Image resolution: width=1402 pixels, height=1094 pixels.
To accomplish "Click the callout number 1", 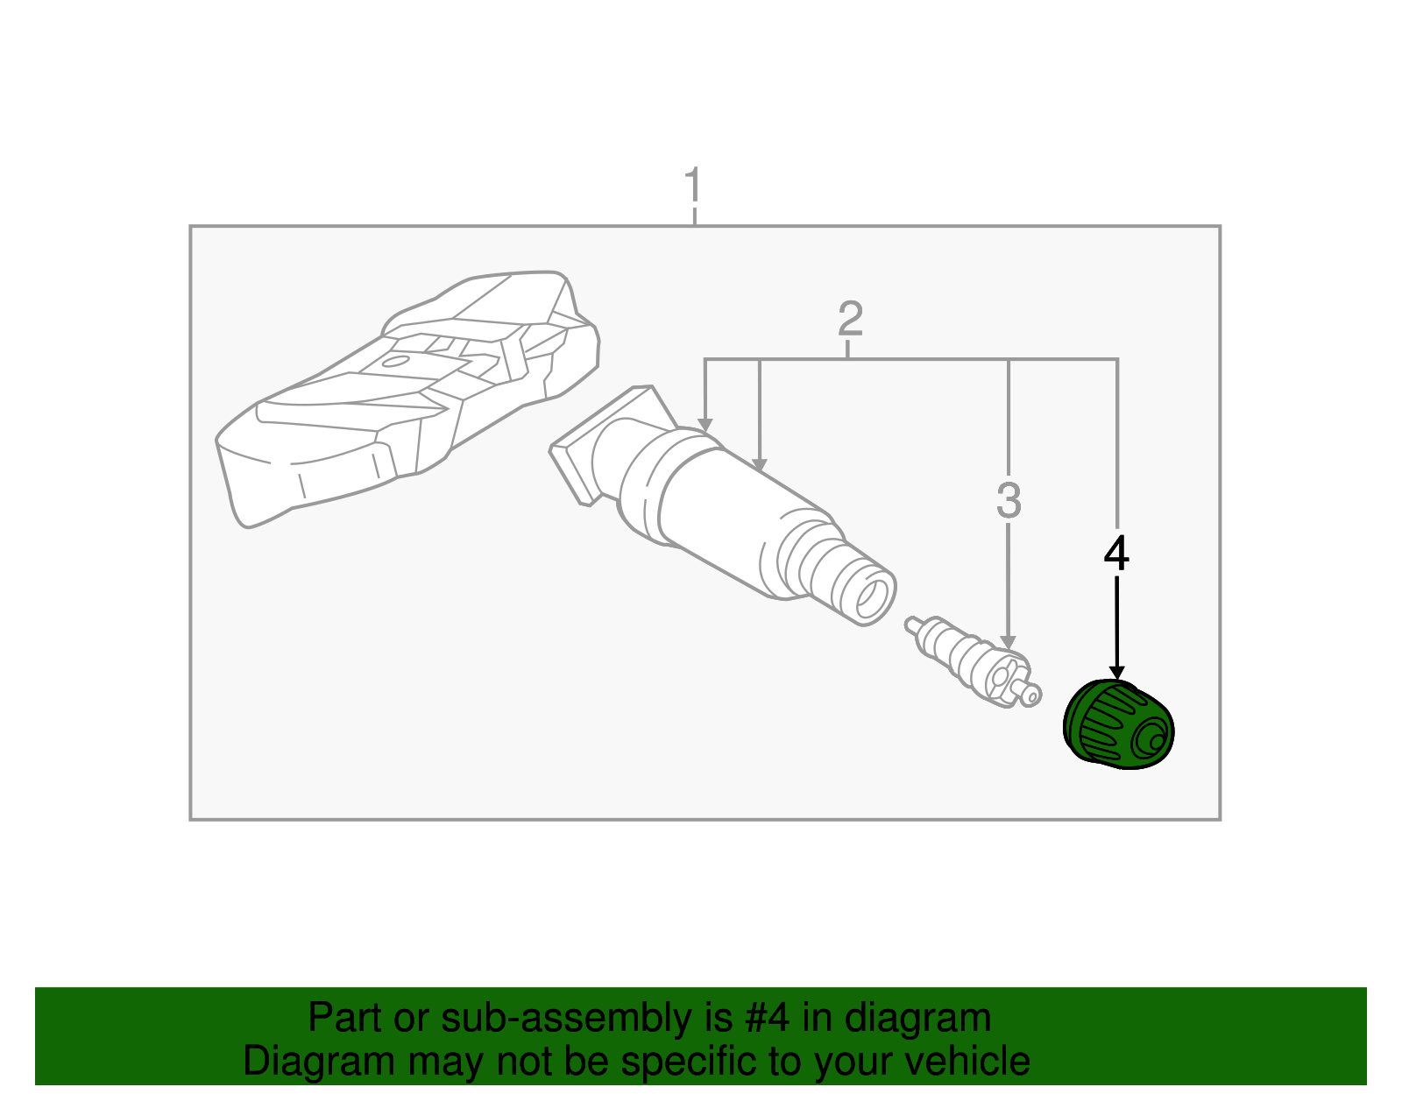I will (x=693, y=186).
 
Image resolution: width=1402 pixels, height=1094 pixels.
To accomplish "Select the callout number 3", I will (x=1009, y=500).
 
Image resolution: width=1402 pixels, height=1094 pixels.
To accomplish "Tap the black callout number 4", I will (x=1116, y=554).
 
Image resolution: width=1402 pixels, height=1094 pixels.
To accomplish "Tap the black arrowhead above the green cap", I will (x=1116, y=672).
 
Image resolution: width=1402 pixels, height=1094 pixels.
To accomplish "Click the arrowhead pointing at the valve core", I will (x=1009, y=642).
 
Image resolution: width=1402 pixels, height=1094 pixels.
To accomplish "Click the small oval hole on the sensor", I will (x=396, y=361).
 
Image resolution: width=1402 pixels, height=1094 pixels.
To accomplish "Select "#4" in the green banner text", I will (x=766, y=1018).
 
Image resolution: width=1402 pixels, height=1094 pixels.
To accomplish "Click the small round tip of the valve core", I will (x=1032, y=695).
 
